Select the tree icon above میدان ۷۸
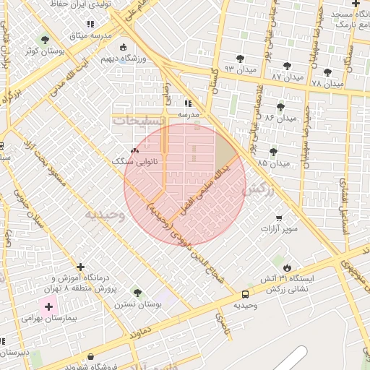tap(328, 72)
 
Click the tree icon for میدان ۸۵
tap(272, 151)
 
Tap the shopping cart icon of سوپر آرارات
tap(279, 218)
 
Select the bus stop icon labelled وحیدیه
tap(245, 294)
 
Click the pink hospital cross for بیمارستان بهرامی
tap(48, 306)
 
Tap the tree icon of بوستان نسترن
tap(137, 293)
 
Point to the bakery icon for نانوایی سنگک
tap(134, 151)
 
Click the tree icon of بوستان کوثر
tap(46, 40)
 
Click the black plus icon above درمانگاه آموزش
tap(80, 267)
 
